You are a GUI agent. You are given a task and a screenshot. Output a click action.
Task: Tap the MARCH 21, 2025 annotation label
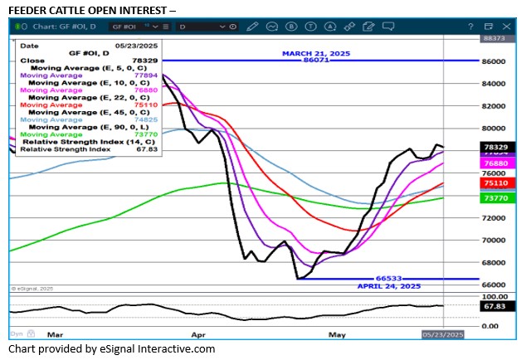click(316, 53)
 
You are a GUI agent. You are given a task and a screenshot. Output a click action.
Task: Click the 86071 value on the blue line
click(316, 61)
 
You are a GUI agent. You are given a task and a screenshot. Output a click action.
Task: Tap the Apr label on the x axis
click(198, 334)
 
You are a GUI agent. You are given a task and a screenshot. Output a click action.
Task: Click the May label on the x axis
click(336, 334)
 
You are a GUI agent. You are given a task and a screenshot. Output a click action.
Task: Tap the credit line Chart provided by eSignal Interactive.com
click(111, 349)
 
